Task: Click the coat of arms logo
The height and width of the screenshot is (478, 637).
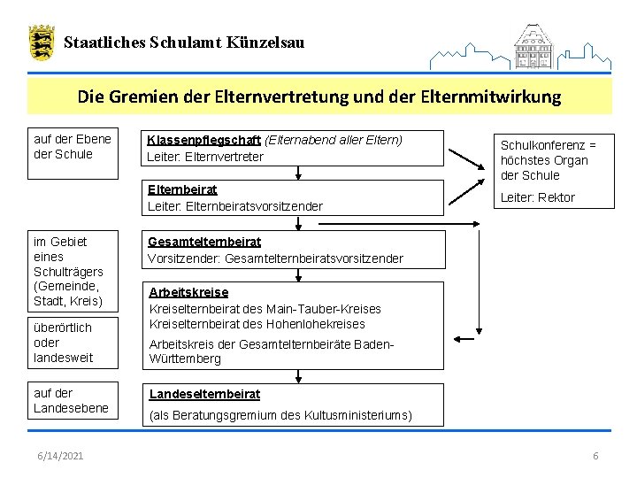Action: click(x=41, y=42)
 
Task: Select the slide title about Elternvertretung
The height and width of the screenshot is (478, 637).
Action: click(x=318, y=96)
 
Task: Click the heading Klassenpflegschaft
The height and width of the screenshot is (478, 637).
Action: click(x=204, y=140)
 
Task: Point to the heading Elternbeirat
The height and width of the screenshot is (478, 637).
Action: click(x=182, y=189)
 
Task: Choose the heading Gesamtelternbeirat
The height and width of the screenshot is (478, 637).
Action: click(x=203, y=242)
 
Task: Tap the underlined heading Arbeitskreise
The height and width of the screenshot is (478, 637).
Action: click(x=188, y=292)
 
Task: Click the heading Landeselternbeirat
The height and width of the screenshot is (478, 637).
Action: click(x=204, y=394)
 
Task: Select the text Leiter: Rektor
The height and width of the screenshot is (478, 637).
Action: click(x=538, y=197)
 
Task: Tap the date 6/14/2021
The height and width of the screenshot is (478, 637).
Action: click(x=61, y=455)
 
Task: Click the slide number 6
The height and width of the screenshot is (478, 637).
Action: click(x=595, y=455)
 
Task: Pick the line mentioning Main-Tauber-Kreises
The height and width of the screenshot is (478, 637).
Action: click(x=265, y=309)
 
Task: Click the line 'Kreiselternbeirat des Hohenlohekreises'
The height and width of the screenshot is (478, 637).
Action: click(x=257, y=324)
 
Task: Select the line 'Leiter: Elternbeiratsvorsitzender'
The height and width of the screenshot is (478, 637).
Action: click(x=234, y=206)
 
